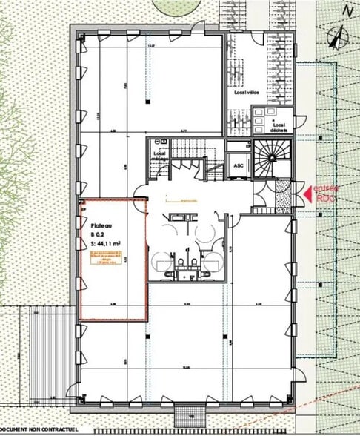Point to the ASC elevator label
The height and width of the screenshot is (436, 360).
(239, 165)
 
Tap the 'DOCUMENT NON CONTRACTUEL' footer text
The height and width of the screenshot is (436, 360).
(35, 429)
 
